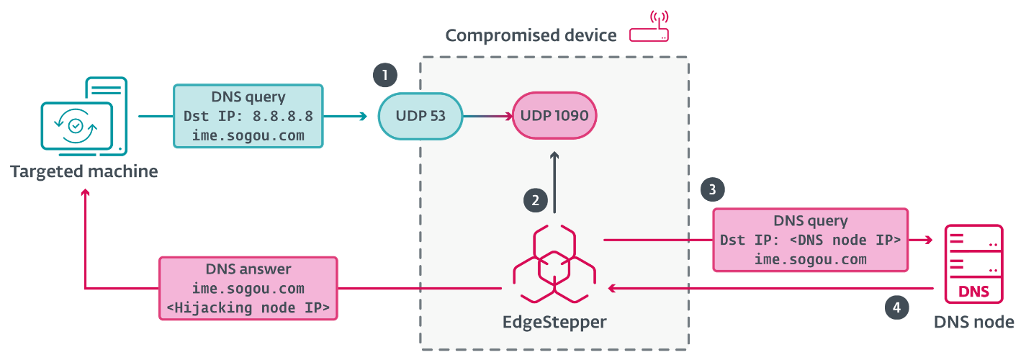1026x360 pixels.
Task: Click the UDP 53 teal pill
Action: (x=420, y=115)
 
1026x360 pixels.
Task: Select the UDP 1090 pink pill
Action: (x=554, y=115)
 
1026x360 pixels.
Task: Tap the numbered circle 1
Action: (x=384, y=75)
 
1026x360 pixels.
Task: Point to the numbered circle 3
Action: (x=712, y=189)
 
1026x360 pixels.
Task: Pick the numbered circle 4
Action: (x=896, y=307)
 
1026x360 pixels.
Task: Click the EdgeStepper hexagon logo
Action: (x=554, y=262)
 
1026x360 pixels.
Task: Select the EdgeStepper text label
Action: (x=554, y=322)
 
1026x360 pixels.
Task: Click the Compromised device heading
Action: (x=531, y=35)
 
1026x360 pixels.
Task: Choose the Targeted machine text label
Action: (x=84, y=171)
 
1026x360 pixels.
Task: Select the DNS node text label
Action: (x=974, y=322)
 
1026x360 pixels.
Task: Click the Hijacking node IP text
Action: (x=248, y=307)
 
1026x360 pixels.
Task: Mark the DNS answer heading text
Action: (x=248, y=269)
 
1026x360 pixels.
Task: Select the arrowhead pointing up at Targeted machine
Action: (x=86, y=193)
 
